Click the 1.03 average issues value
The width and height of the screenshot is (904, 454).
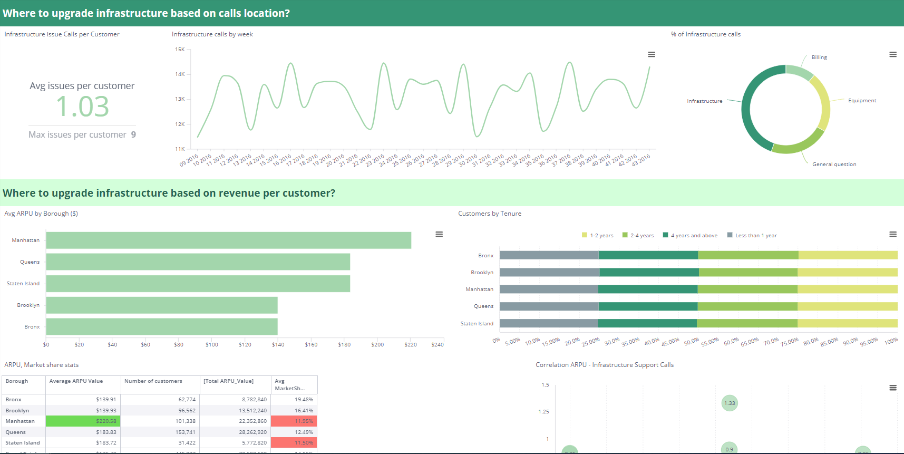point(82,107)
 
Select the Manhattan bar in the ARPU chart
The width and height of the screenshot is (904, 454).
point(228,240)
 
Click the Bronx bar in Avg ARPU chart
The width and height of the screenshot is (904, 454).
point(161,327)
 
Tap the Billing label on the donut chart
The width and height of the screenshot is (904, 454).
point(819,57)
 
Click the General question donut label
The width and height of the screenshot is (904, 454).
point(834,165)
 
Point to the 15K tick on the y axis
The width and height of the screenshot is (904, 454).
point(180,50)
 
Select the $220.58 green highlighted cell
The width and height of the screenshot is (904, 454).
point(83,421)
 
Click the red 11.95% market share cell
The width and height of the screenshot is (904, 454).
point(294,421)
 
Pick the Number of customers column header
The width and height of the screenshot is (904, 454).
point(153,381)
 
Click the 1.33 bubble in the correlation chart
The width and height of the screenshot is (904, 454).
point(730,403)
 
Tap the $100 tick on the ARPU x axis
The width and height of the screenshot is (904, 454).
point(211,345)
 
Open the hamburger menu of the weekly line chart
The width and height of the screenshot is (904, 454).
point(652,54)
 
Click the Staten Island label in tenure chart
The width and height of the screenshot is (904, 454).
point(477,324)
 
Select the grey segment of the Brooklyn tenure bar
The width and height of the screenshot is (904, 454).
point(549,273)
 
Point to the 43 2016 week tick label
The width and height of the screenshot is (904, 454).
point(641,160)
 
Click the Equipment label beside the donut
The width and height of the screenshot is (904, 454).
point(862,101)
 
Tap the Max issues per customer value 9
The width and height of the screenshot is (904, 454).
point(133,135)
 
